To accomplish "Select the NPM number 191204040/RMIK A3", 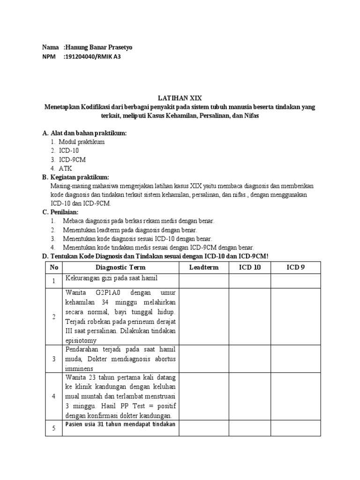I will [95, 57].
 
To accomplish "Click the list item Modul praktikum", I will [82, 142].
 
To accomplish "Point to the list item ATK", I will [66, 168].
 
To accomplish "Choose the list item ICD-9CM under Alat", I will [72, 159].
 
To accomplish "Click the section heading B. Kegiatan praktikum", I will [75, 177].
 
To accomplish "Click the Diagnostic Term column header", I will [120, 267].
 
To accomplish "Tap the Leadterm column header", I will [204, 267].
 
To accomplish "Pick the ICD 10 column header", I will [250, 267].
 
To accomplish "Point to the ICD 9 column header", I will [295, 267].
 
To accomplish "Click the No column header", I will [54, 267].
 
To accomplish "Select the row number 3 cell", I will [54, 359].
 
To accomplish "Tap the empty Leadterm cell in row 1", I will [204, 281].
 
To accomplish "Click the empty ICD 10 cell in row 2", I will [250, 316].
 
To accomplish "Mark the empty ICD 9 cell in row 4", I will [295, 396].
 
